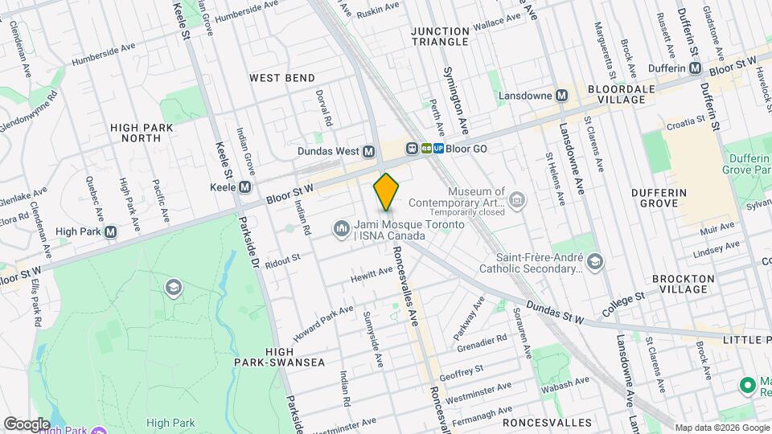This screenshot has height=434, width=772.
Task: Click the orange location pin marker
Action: point(386,191)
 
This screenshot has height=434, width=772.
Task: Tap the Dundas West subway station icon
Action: point(369,151)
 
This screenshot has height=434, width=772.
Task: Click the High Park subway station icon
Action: point(111,231)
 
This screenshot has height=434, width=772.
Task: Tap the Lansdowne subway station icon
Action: point(562,95)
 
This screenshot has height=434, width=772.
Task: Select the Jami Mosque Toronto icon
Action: point(342,231)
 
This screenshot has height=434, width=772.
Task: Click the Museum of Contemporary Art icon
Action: point(517,198)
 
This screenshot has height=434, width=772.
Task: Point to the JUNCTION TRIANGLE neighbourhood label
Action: point(439,36)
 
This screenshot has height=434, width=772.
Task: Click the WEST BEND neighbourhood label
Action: point(281,78)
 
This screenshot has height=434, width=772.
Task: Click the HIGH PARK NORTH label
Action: point(142,133)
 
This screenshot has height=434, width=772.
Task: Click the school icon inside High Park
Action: point(172,288)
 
